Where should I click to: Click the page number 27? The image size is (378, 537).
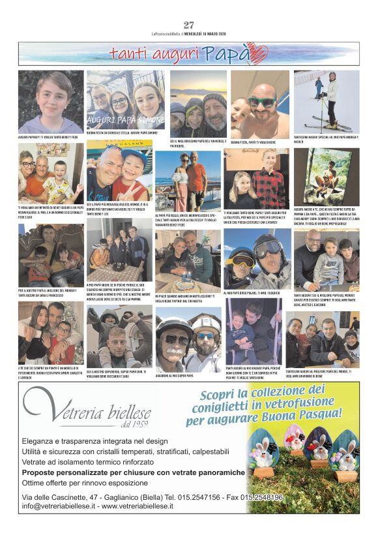(189, 25)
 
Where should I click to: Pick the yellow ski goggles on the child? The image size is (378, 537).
(241, 260)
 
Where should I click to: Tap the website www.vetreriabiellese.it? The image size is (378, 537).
(120, 506)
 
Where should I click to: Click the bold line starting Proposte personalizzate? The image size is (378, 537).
(134, 472)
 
